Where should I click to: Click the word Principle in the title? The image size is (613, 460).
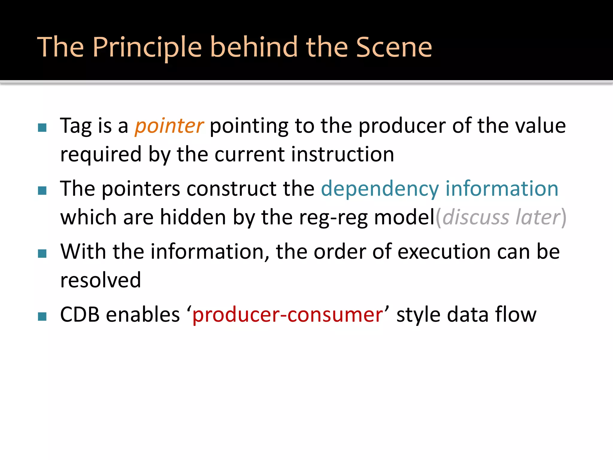(147, 47)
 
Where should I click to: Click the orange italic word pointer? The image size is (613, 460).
(169, 126)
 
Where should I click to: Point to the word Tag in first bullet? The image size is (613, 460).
(76, 126)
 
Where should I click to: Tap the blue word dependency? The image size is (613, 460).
(380, 189)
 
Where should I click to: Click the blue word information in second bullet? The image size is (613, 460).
(502, 189)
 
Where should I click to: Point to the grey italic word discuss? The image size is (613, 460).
(476, 217)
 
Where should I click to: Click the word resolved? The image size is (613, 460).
(101, 280)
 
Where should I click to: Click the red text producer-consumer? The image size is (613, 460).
(287, 315)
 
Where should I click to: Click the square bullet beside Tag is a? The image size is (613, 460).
(42, 128)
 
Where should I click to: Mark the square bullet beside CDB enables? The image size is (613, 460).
(42, 317)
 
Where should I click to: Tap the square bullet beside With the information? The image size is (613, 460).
(42, 254)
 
